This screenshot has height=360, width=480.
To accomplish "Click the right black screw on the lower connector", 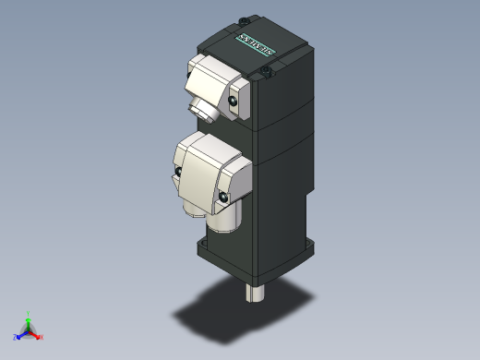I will point(222,195).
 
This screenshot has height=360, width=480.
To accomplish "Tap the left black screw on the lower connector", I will point(175,172).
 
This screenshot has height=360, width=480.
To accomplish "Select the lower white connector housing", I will point(210,171).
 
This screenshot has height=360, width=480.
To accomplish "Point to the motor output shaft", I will point(256,293).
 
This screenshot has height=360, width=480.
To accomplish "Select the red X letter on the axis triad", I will point(42,337).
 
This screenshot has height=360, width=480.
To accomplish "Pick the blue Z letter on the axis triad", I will point(16,336).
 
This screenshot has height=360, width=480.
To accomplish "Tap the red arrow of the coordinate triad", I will point(35,333).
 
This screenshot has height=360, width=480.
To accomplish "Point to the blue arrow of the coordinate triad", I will point(22,333).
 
